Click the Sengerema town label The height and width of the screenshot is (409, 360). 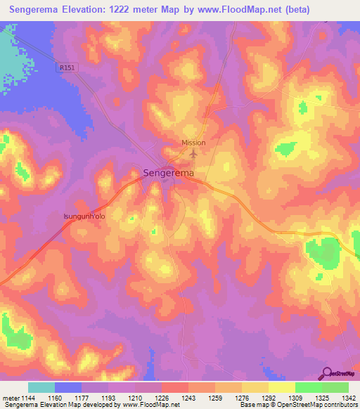click(169, 171)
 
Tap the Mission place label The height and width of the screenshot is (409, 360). click(193, 143)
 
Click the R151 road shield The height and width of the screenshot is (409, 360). click(66, 67)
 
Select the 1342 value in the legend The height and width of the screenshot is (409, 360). click(340, 397)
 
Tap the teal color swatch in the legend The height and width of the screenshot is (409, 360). click(41, 387)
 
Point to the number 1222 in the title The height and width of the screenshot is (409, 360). click(137, 10)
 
